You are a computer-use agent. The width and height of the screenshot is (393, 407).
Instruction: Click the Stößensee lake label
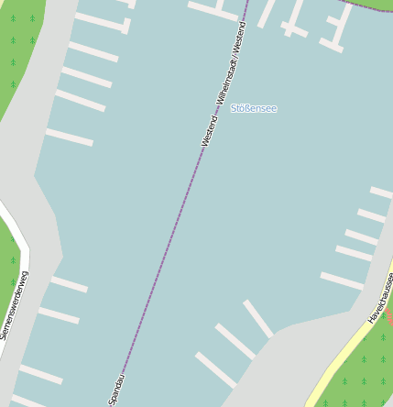click(253, 109)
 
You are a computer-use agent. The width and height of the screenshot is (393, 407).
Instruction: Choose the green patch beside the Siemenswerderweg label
click(7, 257)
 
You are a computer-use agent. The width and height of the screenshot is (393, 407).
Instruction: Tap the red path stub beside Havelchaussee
click(388, 316)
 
